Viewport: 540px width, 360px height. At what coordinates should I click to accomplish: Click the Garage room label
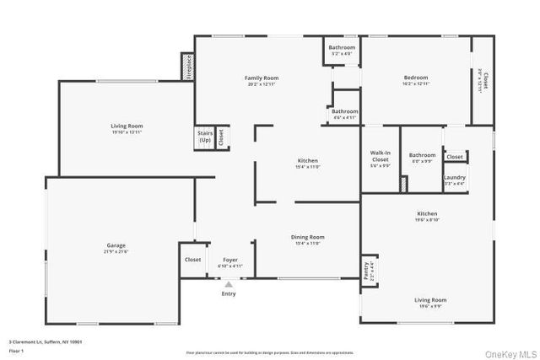point(110,245)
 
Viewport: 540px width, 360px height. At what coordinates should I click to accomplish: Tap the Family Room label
point(262,78)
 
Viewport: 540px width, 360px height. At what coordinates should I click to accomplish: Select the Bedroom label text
point(417,78)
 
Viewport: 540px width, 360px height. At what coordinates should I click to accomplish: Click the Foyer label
point(230,259)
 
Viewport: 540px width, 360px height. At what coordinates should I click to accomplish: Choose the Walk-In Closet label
point(380,156)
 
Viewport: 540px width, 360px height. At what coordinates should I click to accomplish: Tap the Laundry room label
point(455,177)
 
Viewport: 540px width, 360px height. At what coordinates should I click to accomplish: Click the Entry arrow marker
point(228,285)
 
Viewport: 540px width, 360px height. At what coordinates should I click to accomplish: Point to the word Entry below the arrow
point(229,293)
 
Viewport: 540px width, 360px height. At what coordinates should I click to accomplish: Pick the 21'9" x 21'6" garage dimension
point(110,252)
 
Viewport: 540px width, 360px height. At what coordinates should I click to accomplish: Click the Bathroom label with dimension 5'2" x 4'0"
point(342,47)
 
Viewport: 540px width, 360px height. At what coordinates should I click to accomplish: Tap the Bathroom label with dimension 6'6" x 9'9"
point(422,155)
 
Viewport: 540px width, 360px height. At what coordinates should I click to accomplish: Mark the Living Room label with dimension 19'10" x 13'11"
point(127,126)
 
